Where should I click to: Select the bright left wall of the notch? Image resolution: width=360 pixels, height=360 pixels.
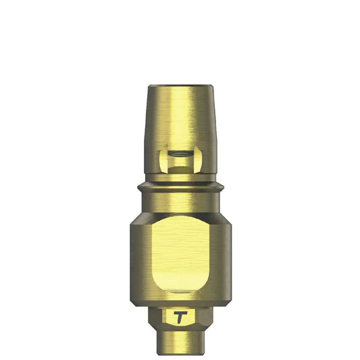tap(163, 160)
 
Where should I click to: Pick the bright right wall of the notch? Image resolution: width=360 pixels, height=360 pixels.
tap(197, 160)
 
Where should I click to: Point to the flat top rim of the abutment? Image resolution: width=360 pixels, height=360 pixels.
tap(180, 87)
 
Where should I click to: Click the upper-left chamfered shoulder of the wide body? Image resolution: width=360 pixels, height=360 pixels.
tap(138, 216)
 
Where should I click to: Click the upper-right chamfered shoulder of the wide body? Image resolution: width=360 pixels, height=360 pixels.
tap(222, 216)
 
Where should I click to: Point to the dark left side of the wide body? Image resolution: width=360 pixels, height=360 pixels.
tap(137, 257)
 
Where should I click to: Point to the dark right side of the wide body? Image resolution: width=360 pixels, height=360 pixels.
tap(224, 257)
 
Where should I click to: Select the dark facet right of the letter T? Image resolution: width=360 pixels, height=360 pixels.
tap(202, 315)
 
